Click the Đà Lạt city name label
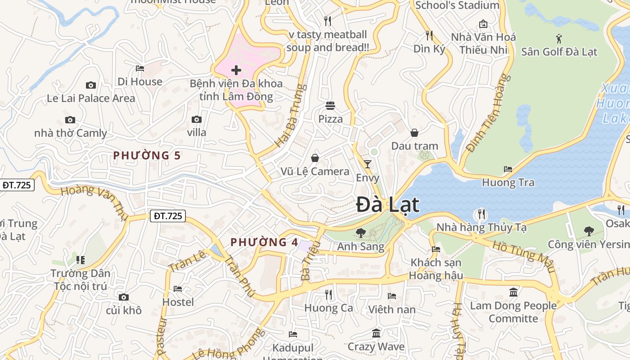click(387, 205)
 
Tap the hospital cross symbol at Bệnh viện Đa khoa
click(236, 70)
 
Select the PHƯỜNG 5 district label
click(147, 156)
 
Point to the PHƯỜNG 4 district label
click(264, 242)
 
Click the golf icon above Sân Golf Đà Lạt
click(559, 38)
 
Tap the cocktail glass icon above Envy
click(368, 164)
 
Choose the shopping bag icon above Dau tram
click(414, 133)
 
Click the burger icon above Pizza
click(330, 106)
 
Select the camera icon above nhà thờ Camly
click(70, 120)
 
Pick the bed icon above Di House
click(140, 68)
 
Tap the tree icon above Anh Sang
click(360, 233)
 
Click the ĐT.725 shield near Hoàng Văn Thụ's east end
click(168, 216)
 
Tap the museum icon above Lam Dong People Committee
click(513, 292)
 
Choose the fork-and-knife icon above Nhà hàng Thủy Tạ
click(481, 214)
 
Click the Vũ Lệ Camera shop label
click(315, 171)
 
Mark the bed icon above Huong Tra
click(508, 169)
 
